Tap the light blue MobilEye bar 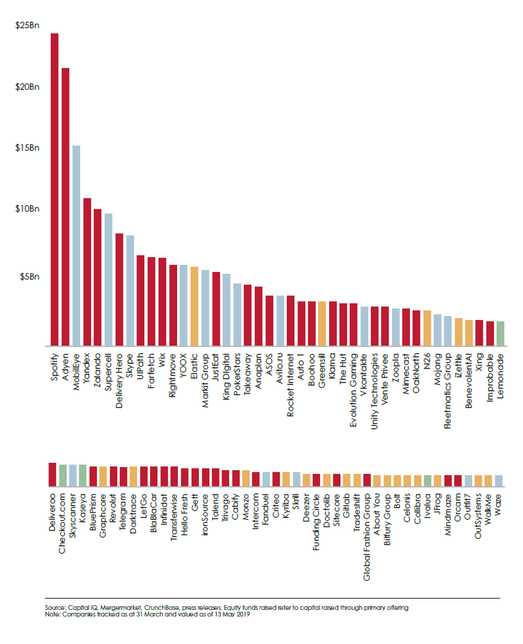(76, 245)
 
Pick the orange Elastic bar (194, 306)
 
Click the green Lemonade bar (500, 333)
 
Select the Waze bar (498, 480)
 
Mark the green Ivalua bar (427, 480)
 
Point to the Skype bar (130, 290)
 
